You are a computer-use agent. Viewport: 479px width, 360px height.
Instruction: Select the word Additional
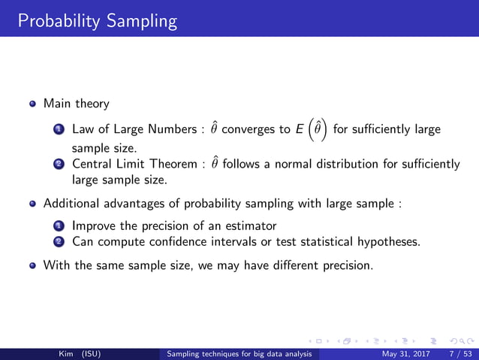click(71, 202)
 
